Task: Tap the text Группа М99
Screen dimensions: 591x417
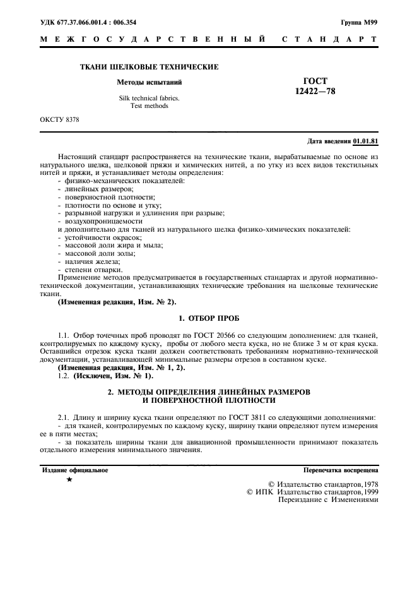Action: (359, 21)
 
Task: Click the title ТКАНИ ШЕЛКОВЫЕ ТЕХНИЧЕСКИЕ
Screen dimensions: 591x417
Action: (149, 66)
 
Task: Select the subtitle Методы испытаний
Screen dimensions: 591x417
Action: (149, 82)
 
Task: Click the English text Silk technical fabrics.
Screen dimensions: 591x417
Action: (149, 98)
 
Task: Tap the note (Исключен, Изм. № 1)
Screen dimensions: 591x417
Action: (114, 376)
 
